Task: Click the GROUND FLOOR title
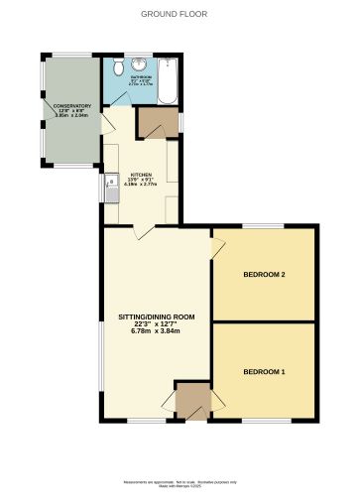180,15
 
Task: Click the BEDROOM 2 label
265,274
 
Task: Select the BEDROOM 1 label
265,371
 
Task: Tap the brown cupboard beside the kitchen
157,120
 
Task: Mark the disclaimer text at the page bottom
180,483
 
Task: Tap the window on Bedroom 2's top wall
264,226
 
